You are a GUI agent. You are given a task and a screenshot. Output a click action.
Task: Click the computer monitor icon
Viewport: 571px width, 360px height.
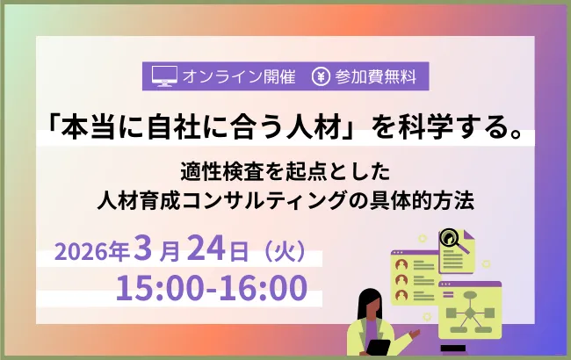pos(164,76)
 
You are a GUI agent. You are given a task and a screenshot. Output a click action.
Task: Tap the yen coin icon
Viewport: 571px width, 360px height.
pos(320,76)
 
